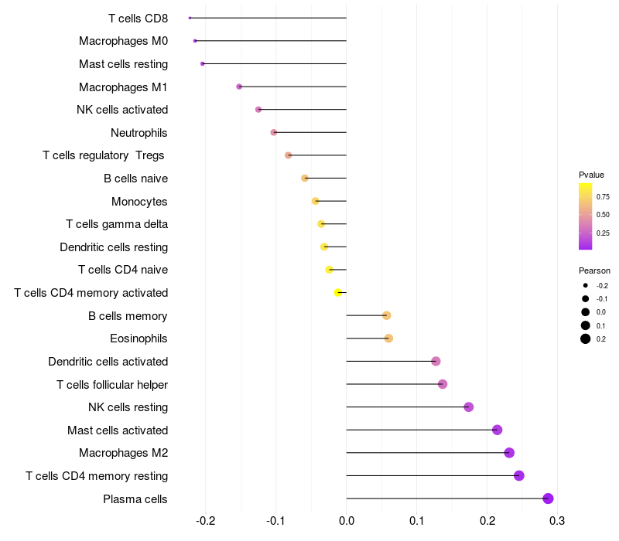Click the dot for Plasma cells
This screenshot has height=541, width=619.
pyautogui.click(x=548, y=498)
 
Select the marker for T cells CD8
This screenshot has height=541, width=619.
pyautogui.click(x=190, y=18)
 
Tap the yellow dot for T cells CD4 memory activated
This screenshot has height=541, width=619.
pyautogui.click(x=338, y=293)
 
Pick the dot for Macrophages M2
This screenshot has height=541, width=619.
pyautogui.click(x=509, y=453)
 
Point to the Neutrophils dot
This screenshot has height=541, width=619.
pyautogui.click(x=274, y=132)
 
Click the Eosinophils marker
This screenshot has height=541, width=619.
pyautogui.click(x=388, y=339)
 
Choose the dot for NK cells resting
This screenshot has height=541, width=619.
pyautogui.click(x=469, y=407)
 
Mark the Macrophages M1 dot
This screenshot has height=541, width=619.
pyautogui.click(x=239, y=87)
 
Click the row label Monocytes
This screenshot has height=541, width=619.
pyautogui.click(x=139, y=202)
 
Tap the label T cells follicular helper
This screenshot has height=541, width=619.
pyautogui.click(x=112, y=384)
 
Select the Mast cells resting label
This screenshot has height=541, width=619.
pyautogui.click(x=124, y=64)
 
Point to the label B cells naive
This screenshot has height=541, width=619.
pyautogui.click(x=136, y=179)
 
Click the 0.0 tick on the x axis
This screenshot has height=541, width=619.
pyautogui.click(x=346, y=521)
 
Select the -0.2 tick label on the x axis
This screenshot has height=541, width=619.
pyautogui.click(x=205, y=521)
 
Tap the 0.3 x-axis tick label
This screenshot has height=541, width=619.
pyautogui.click(x=557, y=521)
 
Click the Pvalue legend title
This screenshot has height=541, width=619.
pyautogui.click(x=591, y=175)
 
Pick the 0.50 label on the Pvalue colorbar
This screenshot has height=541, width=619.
pyautogui.click(x=603, y=215)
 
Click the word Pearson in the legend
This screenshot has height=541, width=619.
pyautogui.click(x=594, y=270)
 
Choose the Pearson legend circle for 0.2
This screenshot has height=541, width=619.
pyautogui.click(x=586, y=339)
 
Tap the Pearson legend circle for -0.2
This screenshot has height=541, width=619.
pyautogui.click(x=586, y=285)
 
